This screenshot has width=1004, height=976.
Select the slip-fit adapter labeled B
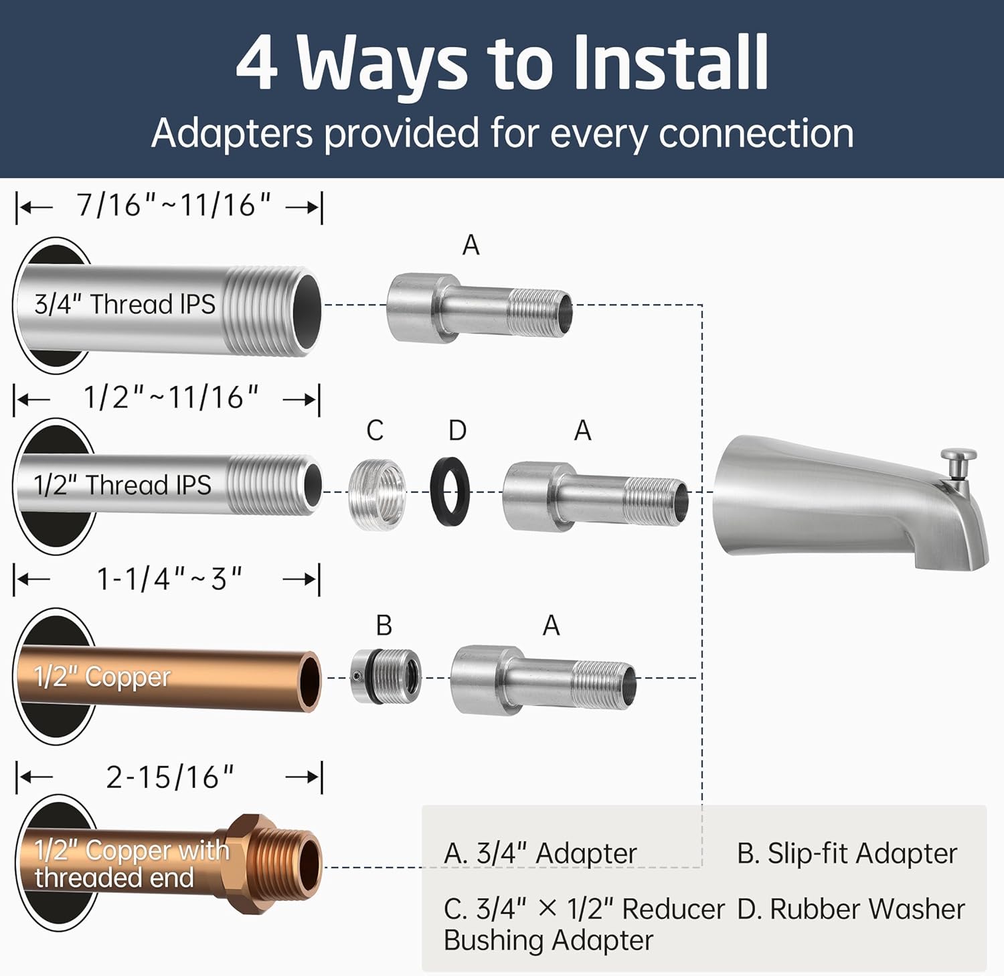click(x=386, y=676)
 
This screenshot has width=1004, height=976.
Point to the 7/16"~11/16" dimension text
click(x=173, y=205)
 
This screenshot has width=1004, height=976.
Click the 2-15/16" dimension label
click(x=170, y=777)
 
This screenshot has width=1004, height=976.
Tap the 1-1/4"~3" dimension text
click(x=169, y=579)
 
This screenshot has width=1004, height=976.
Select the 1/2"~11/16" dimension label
click(x=171, y=398)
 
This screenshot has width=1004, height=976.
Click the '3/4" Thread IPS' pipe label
click(x=124, y=304)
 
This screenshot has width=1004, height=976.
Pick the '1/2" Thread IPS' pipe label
click(x=122, y=485)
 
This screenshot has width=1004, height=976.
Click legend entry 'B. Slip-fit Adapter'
click(x=847, y=853)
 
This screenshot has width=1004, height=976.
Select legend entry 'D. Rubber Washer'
click(x=851, y=909)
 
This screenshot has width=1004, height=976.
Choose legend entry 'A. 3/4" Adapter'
click(x=539, y=853)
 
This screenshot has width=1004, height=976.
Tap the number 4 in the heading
click(x=256, y=64)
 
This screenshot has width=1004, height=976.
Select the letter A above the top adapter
click(x=471, y=245)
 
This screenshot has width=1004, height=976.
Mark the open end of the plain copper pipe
click(x=310, y=681)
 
